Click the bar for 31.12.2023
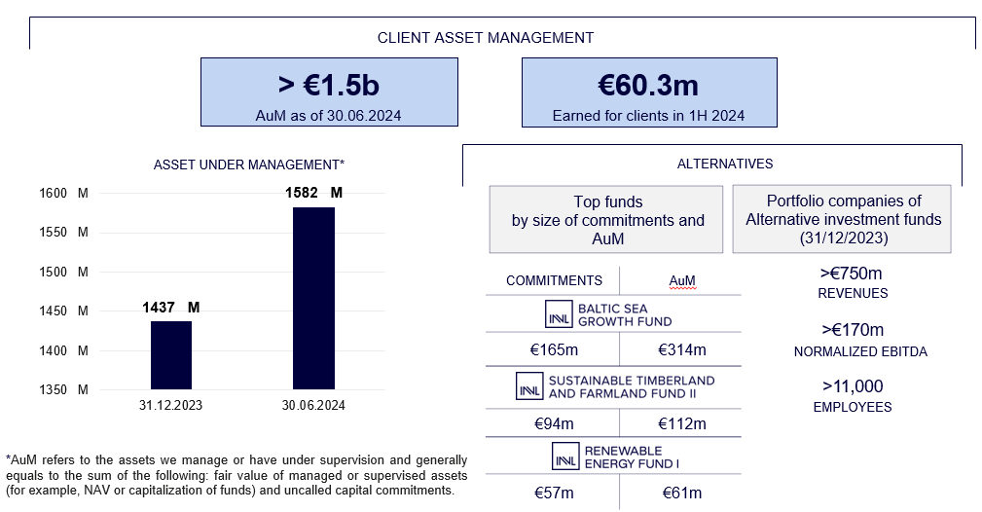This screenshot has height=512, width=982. (171, 355)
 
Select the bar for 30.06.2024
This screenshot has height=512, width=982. (313, 298)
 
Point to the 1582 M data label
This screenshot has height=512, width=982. (313, 193)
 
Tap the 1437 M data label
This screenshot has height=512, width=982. (171, 307)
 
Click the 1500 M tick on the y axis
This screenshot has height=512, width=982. (63, 272)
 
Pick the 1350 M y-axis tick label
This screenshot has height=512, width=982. (63, 389)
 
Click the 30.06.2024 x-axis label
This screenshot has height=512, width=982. (313, 406)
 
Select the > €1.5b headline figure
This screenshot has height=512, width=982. (329, 86)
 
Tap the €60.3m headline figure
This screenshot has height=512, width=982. (648, 86)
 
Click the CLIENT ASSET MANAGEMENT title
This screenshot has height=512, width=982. (486, 38)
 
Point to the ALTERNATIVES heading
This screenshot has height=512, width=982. (725, 164)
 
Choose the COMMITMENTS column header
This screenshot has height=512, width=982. (554, 280)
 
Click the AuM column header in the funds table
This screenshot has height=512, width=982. (682, 280)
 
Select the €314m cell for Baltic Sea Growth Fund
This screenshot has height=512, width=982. (682, 349)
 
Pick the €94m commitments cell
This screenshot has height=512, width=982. (554, 423)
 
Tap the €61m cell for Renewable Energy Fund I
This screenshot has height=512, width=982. (682, 494)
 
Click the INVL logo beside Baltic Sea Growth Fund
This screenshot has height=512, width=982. (559, 314)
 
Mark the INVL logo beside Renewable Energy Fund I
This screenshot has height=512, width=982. (565, 457)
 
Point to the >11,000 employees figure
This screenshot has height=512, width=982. (853, 386)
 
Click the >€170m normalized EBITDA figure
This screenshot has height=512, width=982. (853, 330)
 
